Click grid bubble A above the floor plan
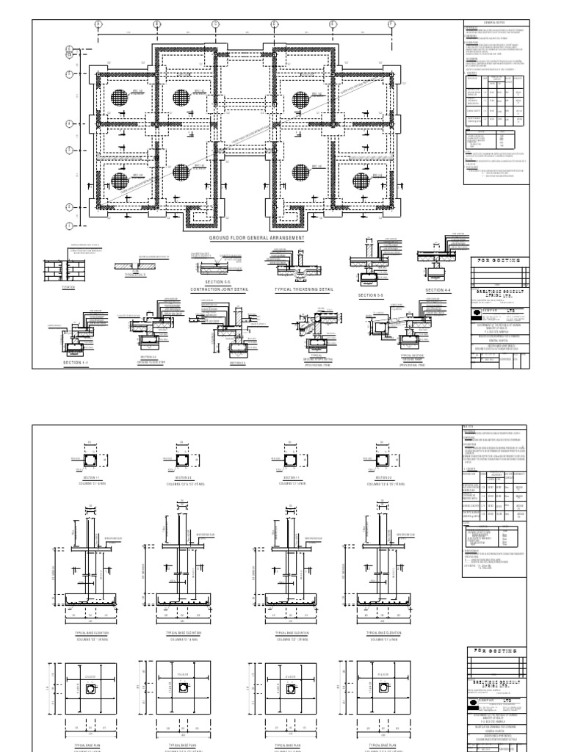click(x=98, y=24)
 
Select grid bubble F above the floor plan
click(x=391, y=24)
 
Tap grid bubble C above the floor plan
click(x=215, y=24)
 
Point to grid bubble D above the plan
click(x=274, y=24)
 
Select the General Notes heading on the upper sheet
click(x=496, y=24)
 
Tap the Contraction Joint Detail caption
click(x=220, y=289)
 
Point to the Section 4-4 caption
click(x=438, y=289)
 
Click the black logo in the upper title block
click(x=476, y=311)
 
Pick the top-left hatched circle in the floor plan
click(x=120, y=98)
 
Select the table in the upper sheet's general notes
click(x=496, y=100)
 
